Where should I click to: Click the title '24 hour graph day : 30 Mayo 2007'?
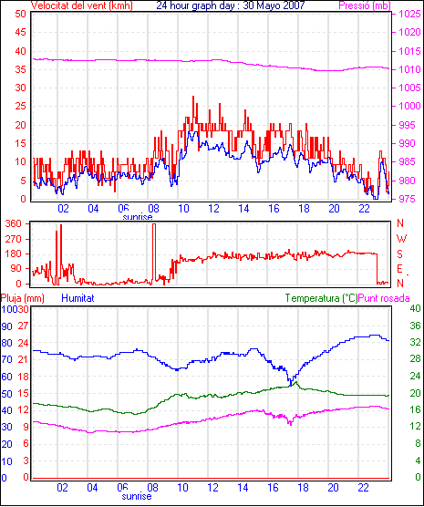(x=231, y=5)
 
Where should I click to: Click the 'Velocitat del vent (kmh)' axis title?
(x=82, y=5)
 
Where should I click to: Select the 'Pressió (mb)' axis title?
(x=365, y=5)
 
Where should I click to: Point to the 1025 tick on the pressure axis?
(x=409, y=14)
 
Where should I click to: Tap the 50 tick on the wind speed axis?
(x=21, y=14)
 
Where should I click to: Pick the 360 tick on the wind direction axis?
(x=14, y=223)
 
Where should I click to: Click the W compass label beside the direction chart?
(x=401, y=239)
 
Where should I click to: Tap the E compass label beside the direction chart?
(x=399, y=269)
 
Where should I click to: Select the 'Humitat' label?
(x=78, y=298)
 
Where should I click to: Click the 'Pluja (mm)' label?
(x=22, y=298)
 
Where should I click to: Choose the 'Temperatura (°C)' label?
(x=322, y=298)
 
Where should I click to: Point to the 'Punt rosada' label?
(x=384, y=298)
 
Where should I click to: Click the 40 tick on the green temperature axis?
(x=415, y=308)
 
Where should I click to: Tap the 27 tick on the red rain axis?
(x=23, y=326)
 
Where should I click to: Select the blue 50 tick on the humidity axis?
(x=6, y=394)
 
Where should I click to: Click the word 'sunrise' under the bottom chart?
(x=137, y=496)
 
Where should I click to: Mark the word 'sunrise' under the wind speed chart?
(x=138, y=217)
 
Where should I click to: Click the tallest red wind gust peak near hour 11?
(x=193, y=97)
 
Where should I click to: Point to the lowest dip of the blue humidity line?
(x=291, y=385)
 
